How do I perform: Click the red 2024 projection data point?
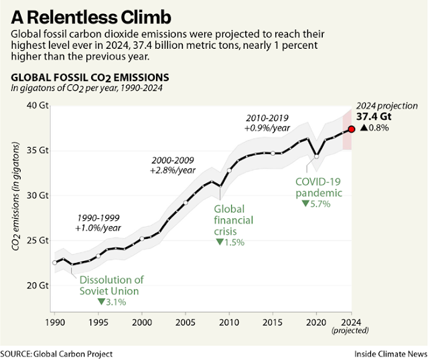[x=352, y=129]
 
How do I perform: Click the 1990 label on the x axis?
[x=54, y=323]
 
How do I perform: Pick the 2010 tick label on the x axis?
[x=229, y=323]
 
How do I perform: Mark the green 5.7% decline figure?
[x=316, y=203]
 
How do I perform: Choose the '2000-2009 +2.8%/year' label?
[x=172, y=166]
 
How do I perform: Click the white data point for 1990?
[x=55, y=262]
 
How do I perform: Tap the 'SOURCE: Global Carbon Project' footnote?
[x=56, y=353]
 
